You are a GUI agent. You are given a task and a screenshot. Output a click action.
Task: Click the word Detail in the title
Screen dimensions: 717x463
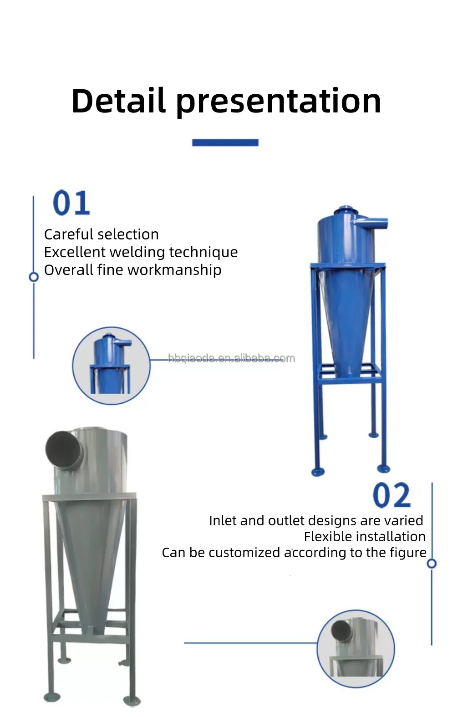118,101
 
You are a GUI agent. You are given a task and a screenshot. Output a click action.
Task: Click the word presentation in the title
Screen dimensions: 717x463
278,102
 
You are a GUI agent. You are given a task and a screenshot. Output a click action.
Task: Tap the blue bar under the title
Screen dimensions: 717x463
225,142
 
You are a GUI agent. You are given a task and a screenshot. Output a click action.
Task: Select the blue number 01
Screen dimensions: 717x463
71,203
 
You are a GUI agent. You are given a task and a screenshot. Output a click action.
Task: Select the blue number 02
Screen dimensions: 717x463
392,495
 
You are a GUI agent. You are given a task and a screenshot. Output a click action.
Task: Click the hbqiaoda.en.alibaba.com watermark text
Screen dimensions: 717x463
231,359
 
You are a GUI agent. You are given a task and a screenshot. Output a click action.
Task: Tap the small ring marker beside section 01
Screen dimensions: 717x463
33,277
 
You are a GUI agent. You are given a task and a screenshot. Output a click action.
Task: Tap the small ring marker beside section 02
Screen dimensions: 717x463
432,564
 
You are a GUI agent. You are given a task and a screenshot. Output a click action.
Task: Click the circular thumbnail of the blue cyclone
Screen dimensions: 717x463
111,365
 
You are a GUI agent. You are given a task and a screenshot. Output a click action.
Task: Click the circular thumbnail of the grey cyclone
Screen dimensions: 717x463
356,648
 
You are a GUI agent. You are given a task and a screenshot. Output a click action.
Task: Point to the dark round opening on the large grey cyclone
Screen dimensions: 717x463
64,448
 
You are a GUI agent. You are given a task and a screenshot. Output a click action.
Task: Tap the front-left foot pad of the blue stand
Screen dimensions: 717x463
318,472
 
